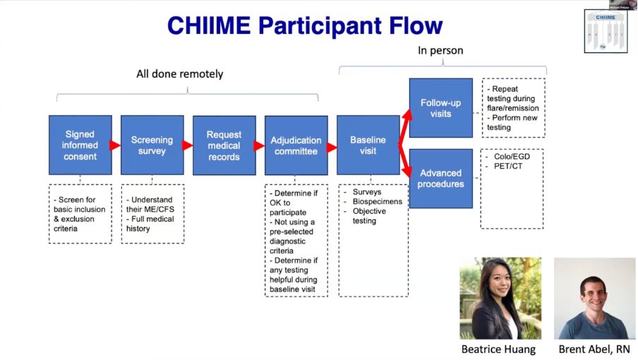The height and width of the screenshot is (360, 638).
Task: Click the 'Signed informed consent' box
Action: click(80, 145)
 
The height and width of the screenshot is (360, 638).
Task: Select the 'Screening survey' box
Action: click(152, 145)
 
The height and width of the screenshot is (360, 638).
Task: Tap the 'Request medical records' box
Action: click(224, 145)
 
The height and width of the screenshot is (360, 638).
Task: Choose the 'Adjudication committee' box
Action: click(296, 145)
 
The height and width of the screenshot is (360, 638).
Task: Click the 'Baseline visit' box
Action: click(368, 145)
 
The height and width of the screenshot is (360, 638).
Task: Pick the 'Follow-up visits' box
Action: click(440, 108)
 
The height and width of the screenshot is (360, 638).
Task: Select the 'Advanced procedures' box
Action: click(440, 178)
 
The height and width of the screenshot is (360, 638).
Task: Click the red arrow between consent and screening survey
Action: click(116, 145)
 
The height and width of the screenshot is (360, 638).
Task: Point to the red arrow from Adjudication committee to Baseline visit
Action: click(332, 148)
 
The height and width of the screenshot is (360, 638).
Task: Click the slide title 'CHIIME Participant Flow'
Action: click(305, 26)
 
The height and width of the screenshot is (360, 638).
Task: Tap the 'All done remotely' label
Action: click(180, 73)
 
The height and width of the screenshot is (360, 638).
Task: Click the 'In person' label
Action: click(440, 51)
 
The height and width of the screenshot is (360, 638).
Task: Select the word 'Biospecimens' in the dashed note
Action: click(378, 202)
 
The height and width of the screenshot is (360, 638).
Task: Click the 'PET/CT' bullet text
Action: click(506, 166)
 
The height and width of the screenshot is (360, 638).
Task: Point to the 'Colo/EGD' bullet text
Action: click(510, 157)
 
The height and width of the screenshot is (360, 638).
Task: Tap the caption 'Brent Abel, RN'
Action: click(594, 349)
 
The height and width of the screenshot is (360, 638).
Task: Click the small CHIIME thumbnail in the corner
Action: click(605, 31)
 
